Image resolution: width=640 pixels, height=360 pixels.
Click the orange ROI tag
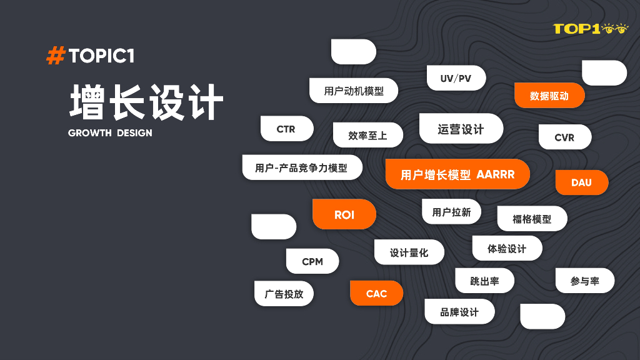[x=344, y=214]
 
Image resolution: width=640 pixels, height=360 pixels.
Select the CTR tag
[x=286, y=129]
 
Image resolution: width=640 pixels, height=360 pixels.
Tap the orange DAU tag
[x=581, y=182]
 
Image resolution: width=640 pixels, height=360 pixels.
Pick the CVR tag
[x=564, y=137]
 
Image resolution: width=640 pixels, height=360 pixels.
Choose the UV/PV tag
[x=456, y=78]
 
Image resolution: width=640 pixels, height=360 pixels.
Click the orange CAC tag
[x=376, y=293]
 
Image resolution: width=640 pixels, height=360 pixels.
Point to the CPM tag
[x=312, y=261]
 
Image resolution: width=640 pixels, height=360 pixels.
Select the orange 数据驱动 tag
[x=549, y=96]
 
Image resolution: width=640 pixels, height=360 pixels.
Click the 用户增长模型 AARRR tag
[x=457, y=174]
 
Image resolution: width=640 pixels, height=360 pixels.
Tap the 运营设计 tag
[x=461, y=129]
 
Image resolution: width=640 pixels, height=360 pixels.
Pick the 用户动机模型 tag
[x=354, y=91]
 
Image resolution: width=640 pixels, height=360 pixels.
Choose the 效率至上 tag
[x=367, y=135]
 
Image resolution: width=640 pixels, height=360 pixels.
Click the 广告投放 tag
[x=284, y=294]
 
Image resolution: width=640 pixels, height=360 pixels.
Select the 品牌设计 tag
[x=459, y=312]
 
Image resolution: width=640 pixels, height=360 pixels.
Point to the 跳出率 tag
[x=484, y=281]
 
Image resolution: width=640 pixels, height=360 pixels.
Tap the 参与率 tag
[x=584, y=281]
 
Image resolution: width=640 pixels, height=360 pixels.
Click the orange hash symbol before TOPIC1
[x=56, y=56]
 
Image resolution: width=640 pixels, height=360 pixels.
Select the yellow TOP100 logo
[x=590, y=28]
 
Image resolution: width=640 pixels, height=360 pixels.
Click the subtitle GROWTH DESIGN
[x=110, y=133]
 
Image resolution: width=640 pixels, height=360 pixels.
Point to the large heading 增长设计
[x=146, y=102]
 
